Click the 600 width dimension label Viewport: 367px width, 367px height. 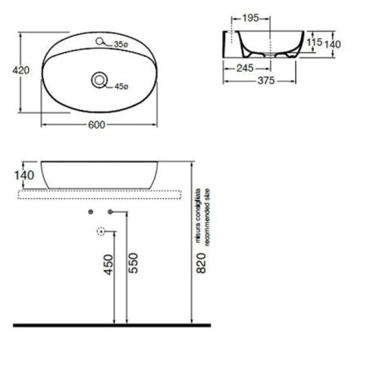(x=97, y=125)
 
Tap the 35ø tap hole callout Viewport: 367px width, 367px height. (x=122, y=44)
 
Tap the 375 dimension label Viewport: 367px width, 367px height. (x=262, y=81)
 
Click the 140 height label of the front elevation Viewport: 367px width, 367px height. (x=23, y=175)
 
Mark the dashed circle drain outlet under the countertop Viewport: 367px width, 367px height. (x=101, y=231)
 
